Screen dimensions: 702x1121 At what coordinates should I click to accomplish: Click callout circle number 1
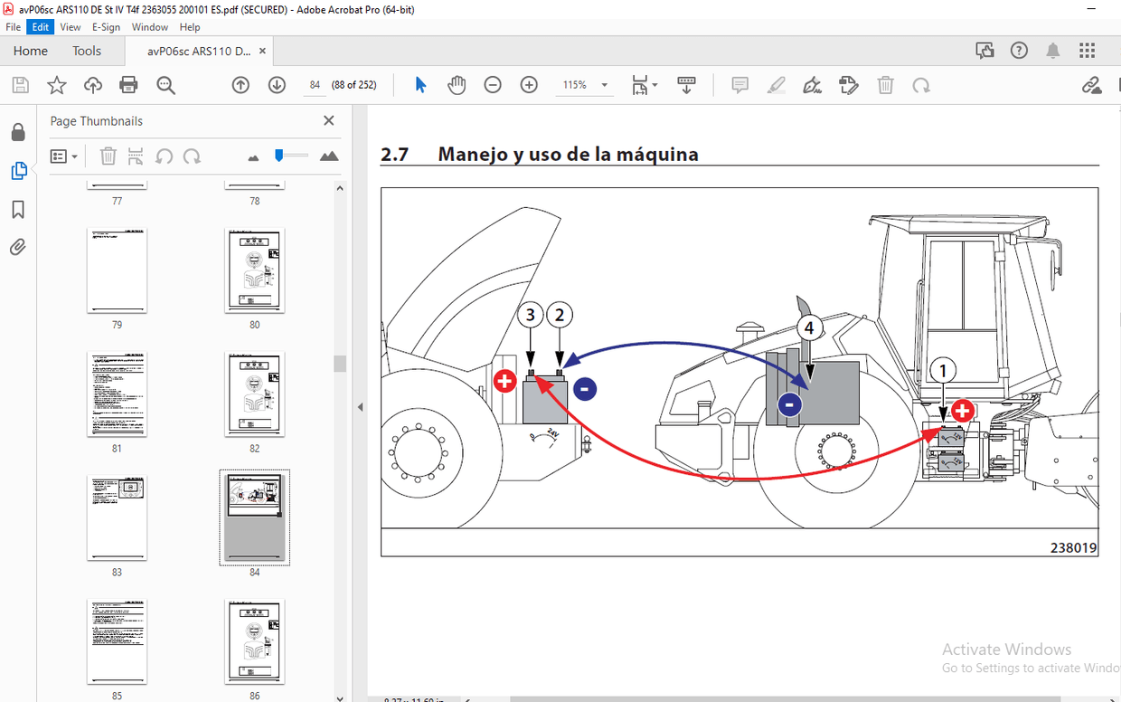[943, 371]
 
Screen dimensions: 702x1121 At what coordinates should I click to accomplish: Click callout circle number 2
[560, 316]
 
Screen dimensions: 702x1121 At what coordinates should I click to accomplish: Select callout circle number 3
[531, 316]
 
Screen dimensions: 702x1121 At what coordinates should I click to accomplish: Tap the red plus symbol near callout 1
[962, 412]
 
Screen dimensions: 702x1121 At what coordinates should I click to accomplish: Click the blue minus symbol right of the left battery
[584, 389]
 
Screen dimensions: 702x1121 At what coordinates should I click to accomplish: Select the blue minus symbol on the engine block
[789, 404]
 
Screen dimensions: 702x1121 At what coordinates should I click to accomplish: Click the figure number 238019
[1073, 547]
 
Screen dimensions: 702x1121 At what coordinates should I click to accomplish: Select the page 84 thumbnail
[254, 517]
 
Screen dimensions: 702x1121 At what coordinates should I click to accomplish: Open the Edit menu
[41, 27]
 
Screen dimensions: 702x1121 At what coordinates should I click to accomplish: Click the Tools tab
[87, 51]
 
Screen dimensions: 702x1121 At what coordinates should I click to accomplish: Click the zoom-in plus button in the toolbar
[529, 85]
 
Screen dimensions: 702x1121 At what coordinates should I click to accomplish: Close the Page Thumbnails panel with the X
[329, 120]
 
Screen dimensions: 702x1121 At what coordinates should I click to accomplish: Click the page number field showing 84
[315, 85]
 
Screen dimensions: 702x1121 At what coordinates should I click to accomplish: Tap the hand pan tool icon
[457, 85]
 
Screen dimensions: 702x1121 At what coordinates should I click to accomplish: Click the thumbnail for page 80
[254, 270]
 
